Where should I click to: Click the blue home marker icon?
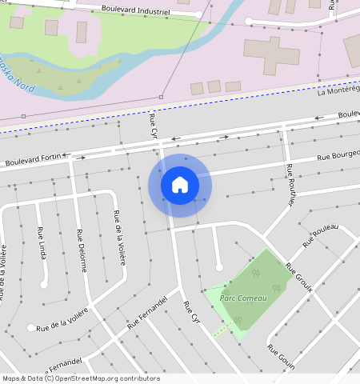coord(180,186)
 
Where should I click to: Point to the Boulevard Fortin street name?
coord(33,161)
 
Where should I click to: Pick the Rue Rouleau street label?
coord(320,234)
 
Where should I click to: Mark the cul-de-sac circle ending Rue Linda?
coord(45,283)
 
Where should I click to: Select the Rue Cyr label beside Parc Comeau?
coord(190,313)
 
